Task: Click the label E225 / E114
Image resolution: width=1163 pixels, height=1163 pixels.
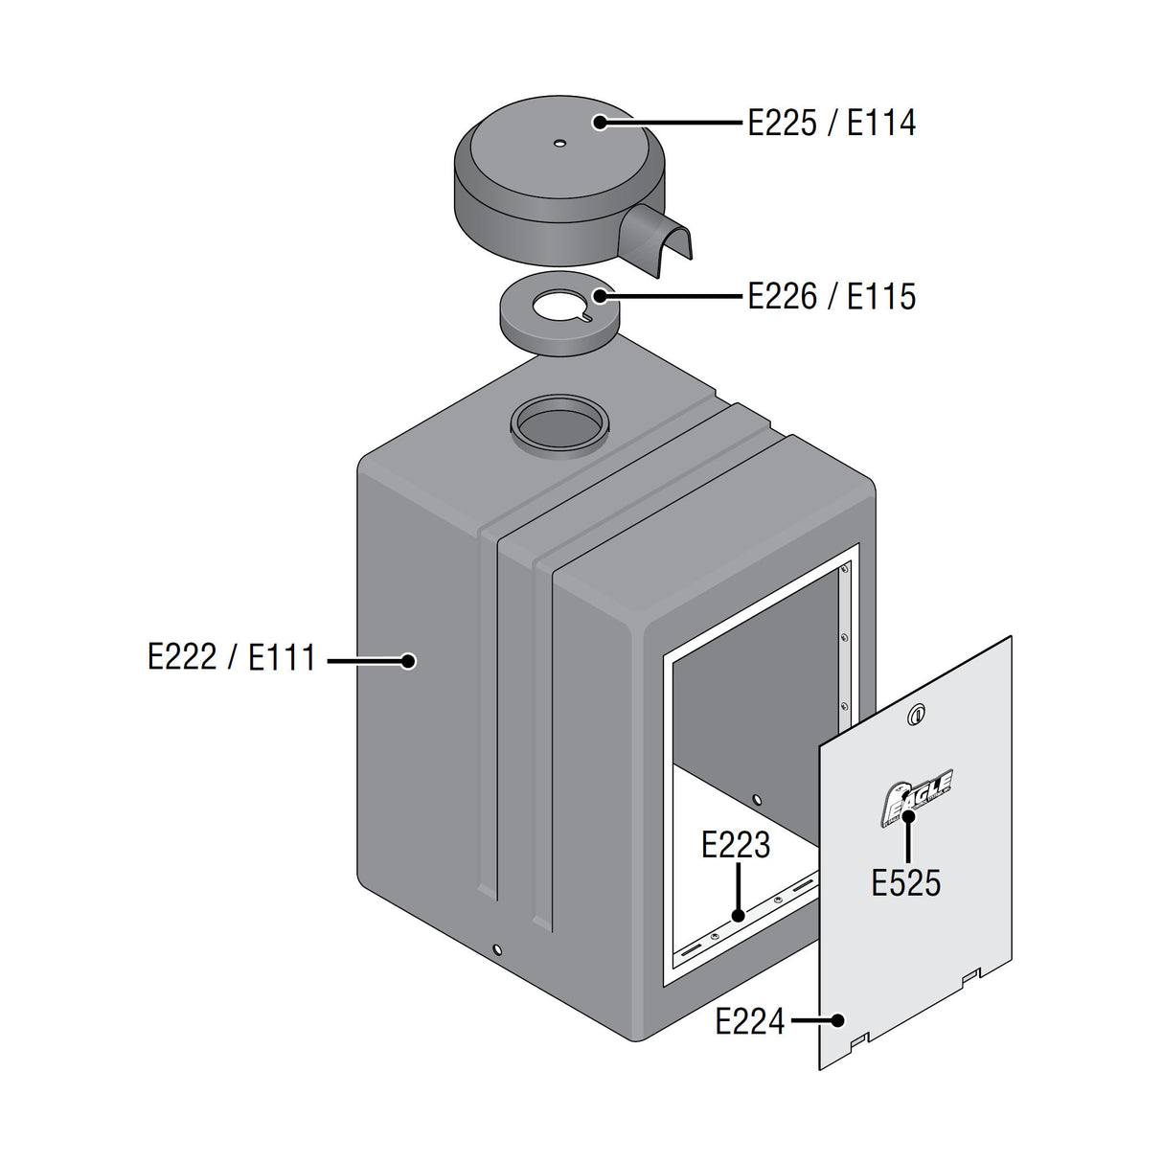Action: (832, 124)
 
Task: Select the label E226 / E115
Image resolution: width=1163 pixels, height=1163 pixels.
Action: (832, 297)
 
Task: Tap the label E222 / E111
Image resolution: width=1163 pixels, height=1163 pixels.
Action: (231, 658)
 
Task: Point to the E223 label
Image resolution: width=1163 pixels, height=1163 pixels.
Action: (735, 845)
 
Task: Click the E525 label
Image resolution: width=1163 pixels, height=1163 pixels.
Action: (905, 882)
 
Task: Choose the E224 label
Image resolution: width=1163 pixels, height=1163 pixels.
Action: (749, 1021)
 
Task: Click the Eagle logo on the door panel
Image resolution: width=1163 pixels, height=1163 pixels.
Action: (917, 797)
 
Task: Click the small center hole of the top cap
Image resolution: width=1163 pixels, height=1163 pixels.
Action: (559, 145)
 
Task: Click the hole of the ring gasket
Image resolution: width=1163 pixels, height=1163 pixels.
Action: (562, 308)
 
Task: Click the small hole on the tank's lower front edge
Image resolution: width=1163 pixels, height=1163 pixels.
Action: (496, 949)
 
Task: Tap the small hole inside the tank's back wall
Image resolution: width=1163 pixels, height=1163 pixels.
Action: (757, 798)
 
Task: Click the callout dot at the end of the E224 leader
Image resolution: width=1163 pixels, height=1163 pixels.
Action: (838, 1020)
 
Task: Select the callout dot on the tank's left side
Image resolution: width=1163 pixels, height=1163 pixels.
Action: (408, 660)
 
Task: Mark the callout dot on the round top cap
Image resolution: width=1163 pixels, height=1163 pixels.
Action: (600, 123)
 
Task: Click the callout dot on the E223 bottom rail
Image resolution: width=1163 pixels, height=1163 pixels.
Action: (738, 916)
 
